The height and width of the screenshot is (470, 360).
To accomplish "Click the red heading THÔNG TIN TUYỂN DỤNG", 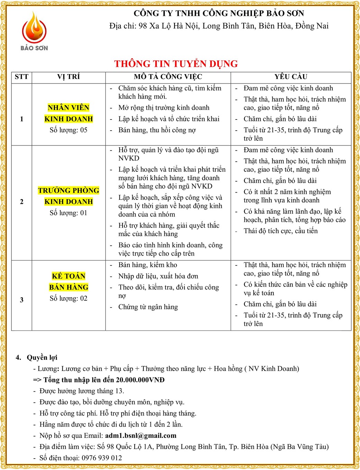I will pos(176,64).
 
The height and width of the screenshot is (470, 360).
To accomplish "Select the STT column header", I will pos(21,77).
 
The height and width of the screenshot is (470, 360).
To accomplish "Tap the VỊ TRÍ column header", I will pos(69,77).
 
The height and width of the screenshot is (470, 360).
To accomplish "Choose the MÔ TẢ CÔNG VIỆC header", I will pos(168,77).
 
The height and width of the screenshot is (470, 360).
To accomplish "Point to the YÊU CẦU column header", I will pos(291,77).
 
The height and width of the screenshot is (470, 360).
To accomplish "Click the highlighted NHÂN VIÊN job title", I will pos(69,108).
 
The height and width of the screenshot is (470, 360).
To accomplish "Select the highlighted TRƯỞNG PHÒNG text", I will pos(69,190).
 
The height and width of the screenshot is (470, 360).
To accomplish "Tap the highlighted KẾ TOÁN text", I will pos(69,276).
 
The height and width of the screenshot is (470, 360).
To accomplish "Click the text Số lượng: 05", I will pos(69,130).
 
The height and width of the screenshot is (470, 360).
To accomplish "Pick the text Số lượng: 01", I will pos(69,213).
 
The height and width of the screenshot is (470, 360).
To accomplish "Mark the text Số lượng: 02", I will pos(69,299).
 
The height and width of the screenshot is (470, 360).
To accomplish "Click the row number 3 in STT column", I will pos(21,300).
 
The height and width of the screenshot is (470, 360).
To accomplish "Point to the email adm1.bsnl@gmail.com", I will pos(141,436).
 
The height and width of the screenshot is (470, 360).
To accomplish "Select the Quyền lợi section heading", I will pos(42,357).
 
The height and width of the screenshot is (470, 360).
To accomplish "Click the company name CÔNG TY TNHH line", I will pos(219,14).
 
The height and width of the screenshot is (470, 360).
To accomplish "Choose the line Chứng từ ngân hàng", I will pos(148,307).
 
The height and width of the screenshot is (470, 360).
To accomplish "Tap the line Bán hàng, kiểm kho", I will pos(147,265).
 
